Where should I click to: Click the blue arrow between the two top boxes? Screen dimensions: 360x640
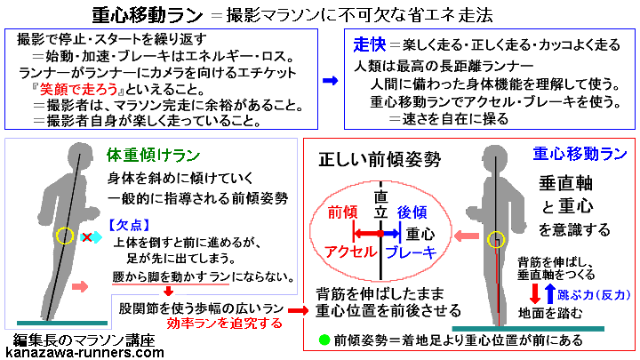[330, 80]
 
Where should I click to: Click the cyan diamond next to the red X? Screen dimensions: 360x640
[96, 237]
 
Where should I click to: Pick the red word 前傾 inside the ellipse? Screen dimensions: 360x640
[343, 213]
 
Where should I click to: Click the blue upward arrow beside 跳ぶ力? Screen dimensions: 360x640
[549, 292]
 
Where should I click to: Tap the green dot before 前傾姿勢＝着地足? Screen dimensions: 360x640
[325, 340]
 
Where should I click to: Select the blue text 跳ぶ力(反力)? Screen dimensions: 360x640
[590, 292]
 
